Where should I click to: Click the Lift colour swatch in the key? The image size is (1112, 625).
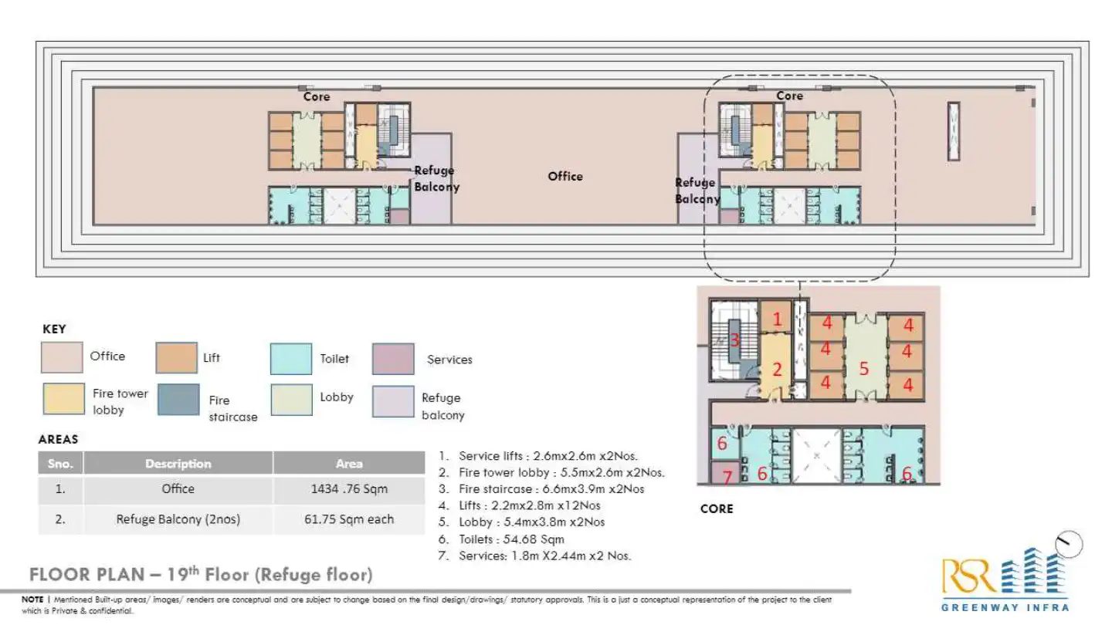(x=176, y=358)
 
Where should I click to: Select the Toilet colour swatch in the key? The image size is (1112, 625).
(x=291, y=359)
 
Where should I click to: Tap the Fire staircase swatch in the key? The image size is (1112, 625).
(x=178, y=399)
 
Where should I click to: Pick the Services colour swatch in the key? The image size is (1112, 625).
(x=392, y=359)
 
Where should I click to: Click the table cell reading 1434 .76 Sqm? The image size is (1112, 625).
(x=348, y=489)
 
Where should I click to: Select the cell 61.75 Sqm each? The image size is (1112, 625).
(x=348, y=519)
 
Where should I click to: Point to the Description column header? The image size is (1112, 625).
(x=178, y=464)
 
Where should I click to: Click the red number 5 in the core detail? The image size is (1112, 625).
(x=864, y=369)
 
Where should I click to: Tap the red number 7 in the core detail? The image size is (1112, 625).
(x=727, y=477)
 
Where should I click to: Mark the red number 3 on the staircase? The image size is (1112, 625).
(x=735, y=340)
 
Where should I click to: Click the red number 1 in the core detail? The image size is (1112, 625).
(x=777, y=319)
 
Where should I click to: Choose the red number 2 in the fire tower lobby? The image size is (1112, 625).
(x=777, y=370)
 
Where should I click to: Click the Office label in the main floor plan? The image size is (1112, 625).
(x=565, y=176)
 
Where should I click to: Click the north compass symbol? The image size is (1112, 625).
(x=1070, y=544)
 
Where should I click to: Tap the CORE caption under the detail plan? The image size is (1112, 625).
(x=716, y=508)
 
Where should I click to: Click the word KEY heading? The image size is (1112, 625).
(x=54, y=329)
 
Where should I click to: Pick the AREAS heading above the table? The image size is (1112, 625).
(x=58, y=439)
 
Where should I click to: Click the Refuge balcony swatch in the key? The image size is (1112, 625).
(x=392, y=401)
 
